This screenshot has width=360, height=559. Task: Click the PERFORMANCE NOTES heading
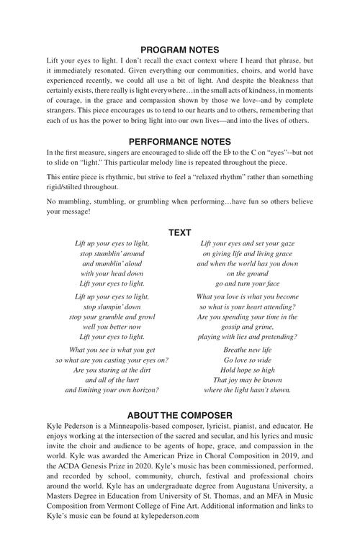coord(179,142)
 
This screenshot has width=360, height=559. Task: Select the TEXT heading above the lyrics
coord(179,232)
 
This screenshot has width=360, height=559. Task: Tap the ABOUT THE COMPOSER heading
coord(179,415)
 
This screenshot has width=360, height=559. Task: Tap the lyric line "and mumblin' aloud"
coord(112,264)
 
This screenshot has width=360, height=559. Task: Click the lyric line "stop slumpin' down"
coord(112,306)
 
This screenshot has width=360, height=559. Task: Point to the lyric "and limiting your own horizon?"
coord(112,390)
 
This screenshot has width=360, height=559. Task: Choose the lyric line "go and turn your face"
coord(247,284)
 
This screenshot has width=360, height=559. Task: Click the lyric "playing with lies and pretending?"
coord(247,337)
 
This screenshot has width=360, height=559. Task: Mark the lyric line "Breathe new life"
coord(247,350)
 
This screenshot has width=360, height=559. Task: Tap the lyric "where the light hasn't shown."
coord(247,390)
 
